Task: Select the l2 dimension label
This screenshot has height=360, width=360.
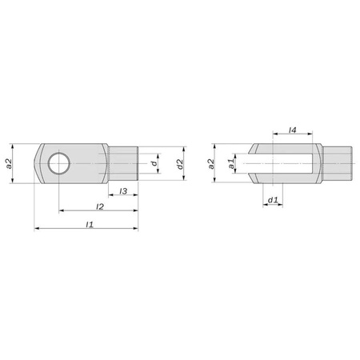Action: [x=99, y=206]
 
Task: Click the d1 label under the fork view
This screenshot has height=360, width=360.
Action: [x=272, y=200]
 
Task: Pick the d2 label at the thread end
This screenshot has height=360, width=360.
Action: [x=180, y=164]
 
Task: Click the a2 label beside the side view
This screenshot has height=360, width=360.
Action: [x=10, y=163]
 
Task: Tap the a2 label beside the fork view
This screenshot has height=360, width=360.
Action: [x=211, y=163]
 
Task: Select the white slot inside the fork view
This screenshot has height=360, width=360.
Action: [x=284, y=164]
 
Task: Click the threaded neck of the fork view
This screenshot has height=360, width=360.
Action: [x=337, y=164]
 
